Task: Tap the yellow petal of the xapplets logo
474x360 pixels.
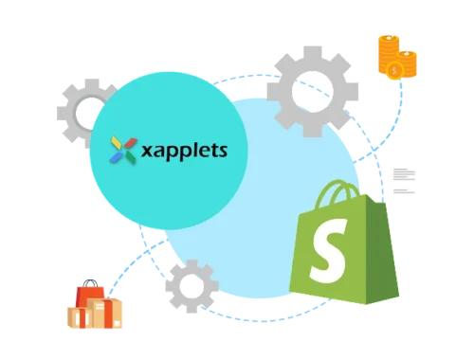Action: (x=117, y=142)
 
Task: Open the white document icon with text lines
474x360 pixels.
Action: (x=405, y=176)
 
